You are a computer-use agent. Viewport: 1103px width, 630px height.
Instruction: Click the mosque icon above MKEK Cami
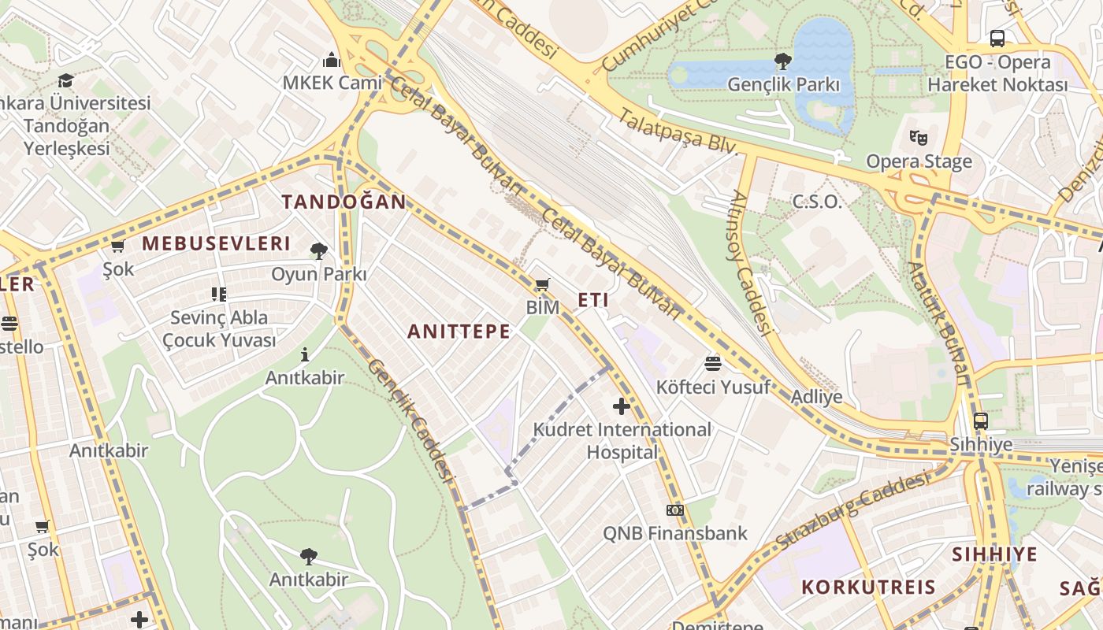tap(332, 60)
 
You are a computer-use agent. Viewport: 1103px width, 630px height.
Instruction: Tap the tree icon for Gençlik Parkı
tap(782, 61)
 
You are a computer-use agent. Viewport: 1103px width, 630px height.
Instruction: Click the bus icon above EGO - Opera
tap(997, 38)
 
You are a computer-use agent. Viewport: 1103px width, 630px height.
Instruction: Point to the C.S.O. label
tap(817, 202)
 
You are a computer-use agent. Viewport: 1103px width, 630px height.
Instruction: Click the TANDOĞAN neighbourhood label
tap(344, 202)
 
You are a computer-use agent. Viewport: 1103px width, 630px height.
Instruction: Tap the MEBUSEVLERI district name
tap(216, 243)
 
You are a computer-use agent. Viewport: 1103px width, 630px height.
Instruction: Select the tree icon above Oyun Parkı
tap(319, 251)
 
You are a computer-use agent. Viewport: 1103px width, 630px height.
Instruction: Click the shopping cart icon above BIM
tap(542, 284)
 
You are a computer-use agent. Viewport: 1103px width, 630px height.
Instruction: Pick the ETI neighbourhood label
tap(593, 300)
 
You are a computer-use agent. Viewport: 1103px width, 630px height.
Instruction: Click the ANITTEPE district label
tap(459, 332)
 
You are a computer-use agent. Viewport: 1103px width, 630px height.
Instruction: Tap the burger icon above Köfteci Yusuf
tap(713, 363)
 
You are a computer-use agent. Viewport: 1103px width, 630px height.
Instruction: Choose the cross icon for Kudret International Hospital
tap(622, 406)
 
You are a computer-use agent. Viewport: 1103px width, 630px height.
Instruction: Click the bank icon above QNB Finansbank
tap(674, 510)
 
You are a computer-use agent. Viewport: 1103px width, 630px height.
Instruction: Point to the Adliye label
tap(817, 396)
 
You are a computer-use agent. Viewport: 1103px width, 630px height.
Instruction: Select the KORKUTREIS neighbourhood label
tap(868, 587)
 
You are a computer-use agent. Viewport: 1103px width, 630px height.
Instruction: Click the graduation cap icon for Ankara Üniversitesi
tap(65, 80)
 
